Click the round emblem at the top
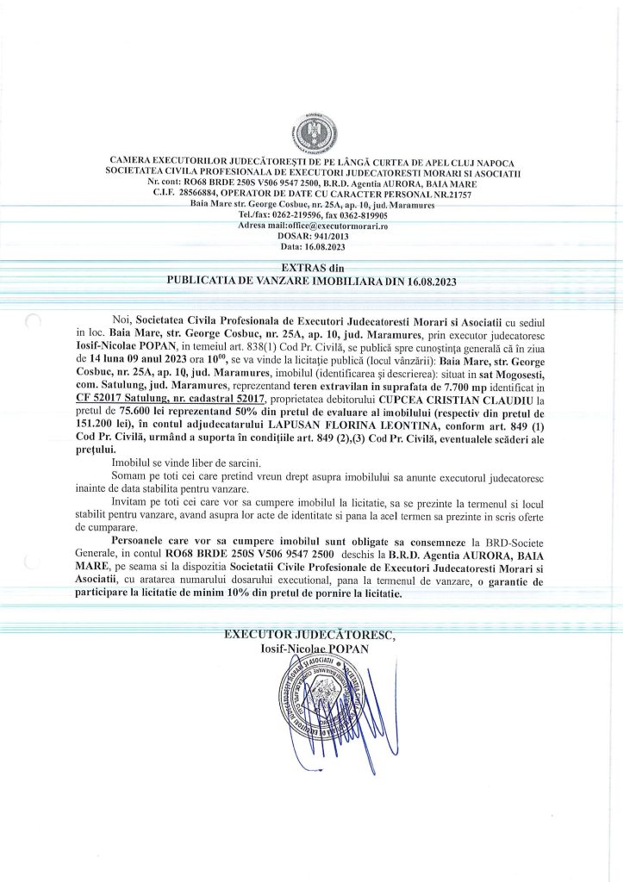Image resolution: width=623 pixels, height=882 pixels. [x=312, y=131]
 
